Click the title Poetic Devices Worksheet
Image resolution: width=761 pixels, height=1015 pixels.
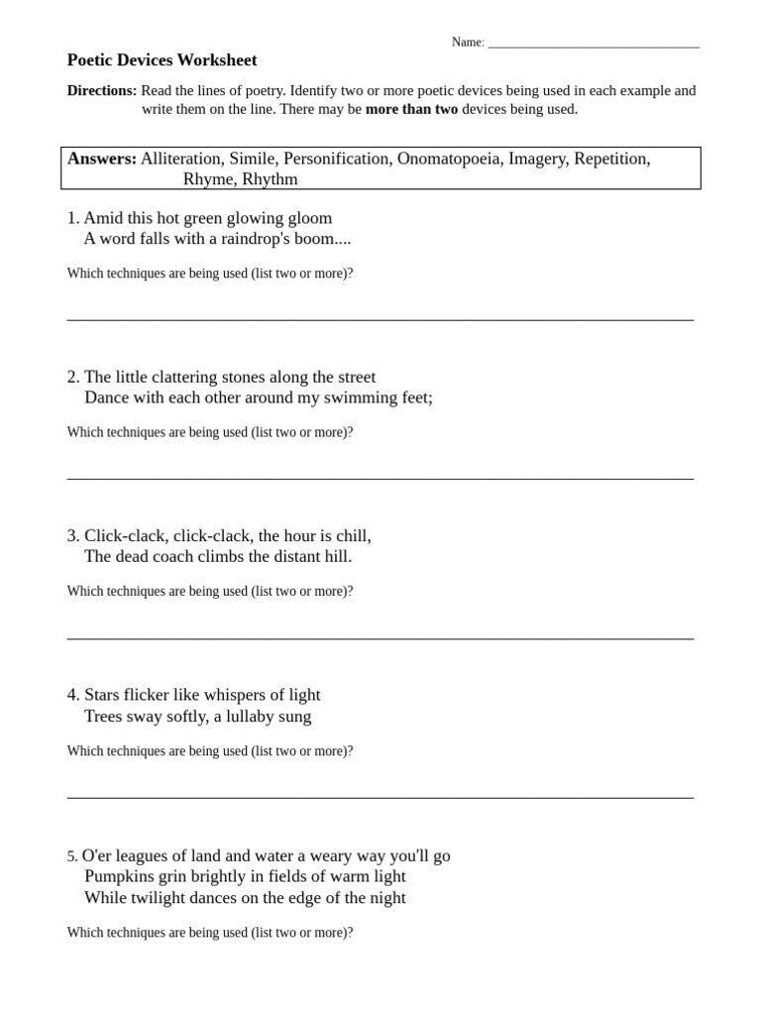point(162,60)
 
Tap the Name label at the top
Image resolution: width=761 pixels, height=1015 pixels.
point(467,42)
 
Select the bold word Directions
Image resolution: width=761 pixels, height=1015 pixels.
point(101,90)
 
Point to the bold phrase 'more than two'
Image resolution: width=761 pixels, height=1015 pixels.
point(411,109)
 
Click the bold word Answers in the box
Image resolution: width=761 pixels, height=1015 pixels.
point(101,159)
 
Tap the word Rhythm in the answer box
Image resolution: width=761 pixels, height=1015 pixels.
point(270,179)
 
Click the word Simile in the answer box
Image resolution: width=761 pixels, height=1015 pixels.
point(253,159)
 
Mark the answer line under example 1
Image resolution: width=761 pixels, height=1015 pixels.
point(380,319)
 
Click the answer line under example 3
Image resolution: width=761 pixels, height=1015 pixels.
point(380,637)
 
